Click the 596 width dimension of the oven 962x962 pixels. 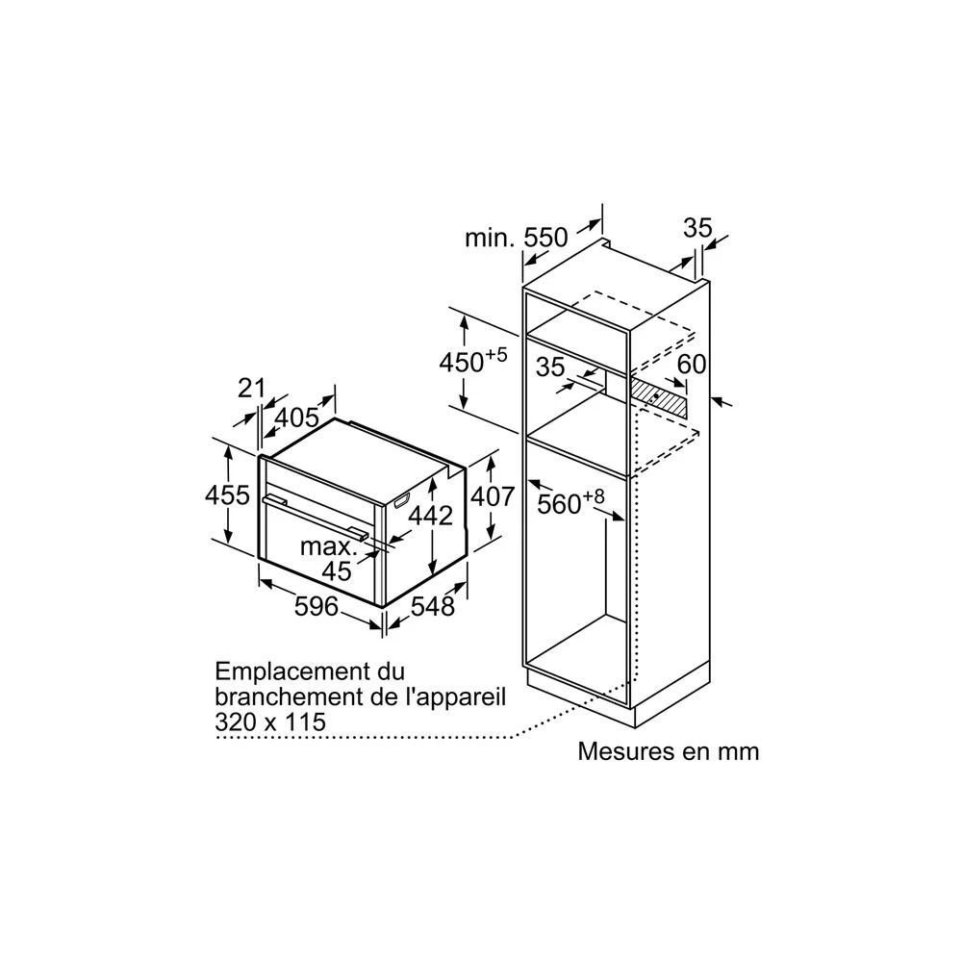316,606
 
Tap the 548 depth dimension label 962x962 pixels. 433,606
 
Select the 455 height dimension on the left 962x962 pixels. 227,494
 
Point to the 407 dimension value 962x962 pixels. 492,495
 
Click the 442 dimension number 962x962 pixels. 431,516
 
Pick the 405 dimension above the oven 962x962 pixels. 297,418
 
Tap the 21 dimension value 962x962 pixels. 251,388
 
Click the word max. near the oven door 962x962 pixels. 329,546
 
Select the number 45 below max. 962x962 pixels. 337,571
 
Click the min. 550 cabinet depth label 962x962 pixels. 517,238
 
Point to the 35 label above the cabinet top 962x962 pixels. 698,228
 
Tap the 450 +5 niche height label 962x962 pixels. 473,361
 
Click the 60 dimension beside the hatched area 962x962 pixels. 692,365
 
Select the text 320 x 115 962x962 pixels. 270,721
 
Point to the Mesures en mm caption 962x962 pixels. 669,751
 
